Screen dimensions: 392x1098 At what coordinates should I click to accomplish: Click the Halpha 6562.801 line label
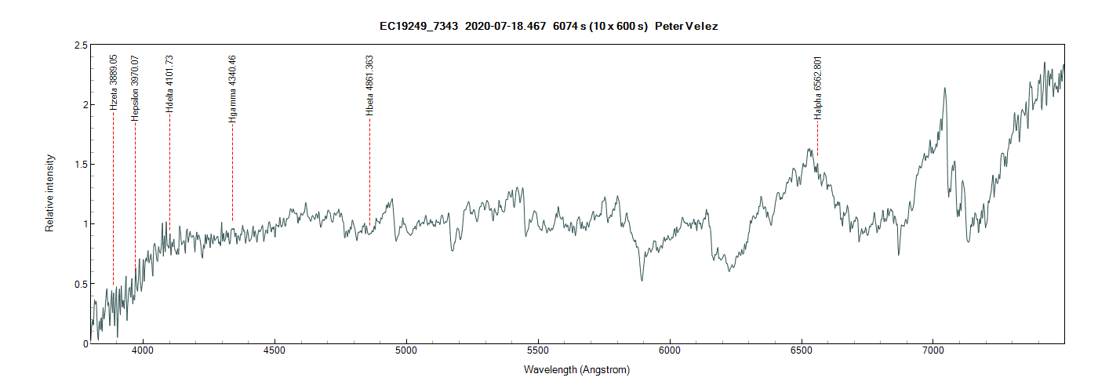(817, 87)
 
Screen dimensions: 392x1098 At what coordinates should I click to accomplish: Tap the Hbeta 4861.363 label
(369, 85)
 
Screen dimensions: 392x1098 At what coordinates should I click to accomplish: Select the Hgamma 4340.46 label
(232, 89)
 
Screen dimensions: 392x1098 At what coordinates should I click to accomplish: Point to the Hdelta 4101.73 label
(169, 84)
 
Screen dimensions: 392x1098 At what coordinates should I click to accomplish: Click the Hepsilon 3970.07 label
(135, 86)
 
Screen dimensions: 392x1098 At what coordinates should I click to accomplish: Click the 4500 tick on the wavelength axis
(274, 354)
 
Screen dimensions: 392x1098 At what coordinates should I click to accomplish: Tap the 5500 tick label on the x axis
(538, 354)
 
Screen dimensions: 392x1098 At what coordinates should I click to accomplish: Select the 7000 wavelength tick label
(933, 354)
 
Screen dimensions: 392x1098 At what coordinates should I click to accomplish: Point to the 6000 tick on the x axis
(670, 354)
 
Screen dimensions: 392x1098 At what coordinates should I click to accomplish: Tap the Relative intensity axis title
(49, 193)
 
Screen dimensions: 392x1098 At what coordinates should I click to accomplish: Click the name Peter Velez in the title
(686, 26)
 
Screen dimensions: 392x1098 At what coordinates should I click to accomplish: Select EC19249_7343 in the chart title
(419, 26)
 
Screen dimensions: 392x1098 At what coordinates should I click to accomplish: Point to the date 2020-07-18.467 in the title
(505, 26)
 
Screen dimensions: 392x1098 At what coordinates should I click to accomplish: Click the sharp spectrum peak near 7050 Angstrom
(945, 88)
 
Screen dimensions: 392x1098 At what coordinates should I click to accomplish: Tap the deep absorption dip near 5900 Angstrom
(642, 280)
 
